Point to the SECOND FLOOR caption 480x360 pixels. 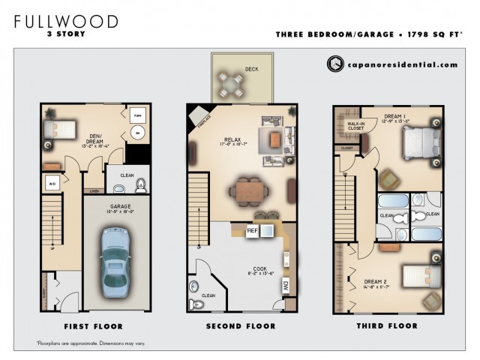tap(241, 326)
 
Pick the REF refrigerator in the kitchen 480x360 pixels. tap(253, 231)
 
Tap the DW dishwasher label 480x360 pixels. tap(286, 286)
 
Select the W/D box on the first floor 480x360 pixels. tap(52, 183)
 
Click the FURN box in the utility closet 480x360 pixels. tap(136, 115)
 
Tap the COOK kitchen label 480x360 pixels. tap(259, 268)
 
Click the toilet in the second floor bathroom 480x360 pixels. tap(198, 304)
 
